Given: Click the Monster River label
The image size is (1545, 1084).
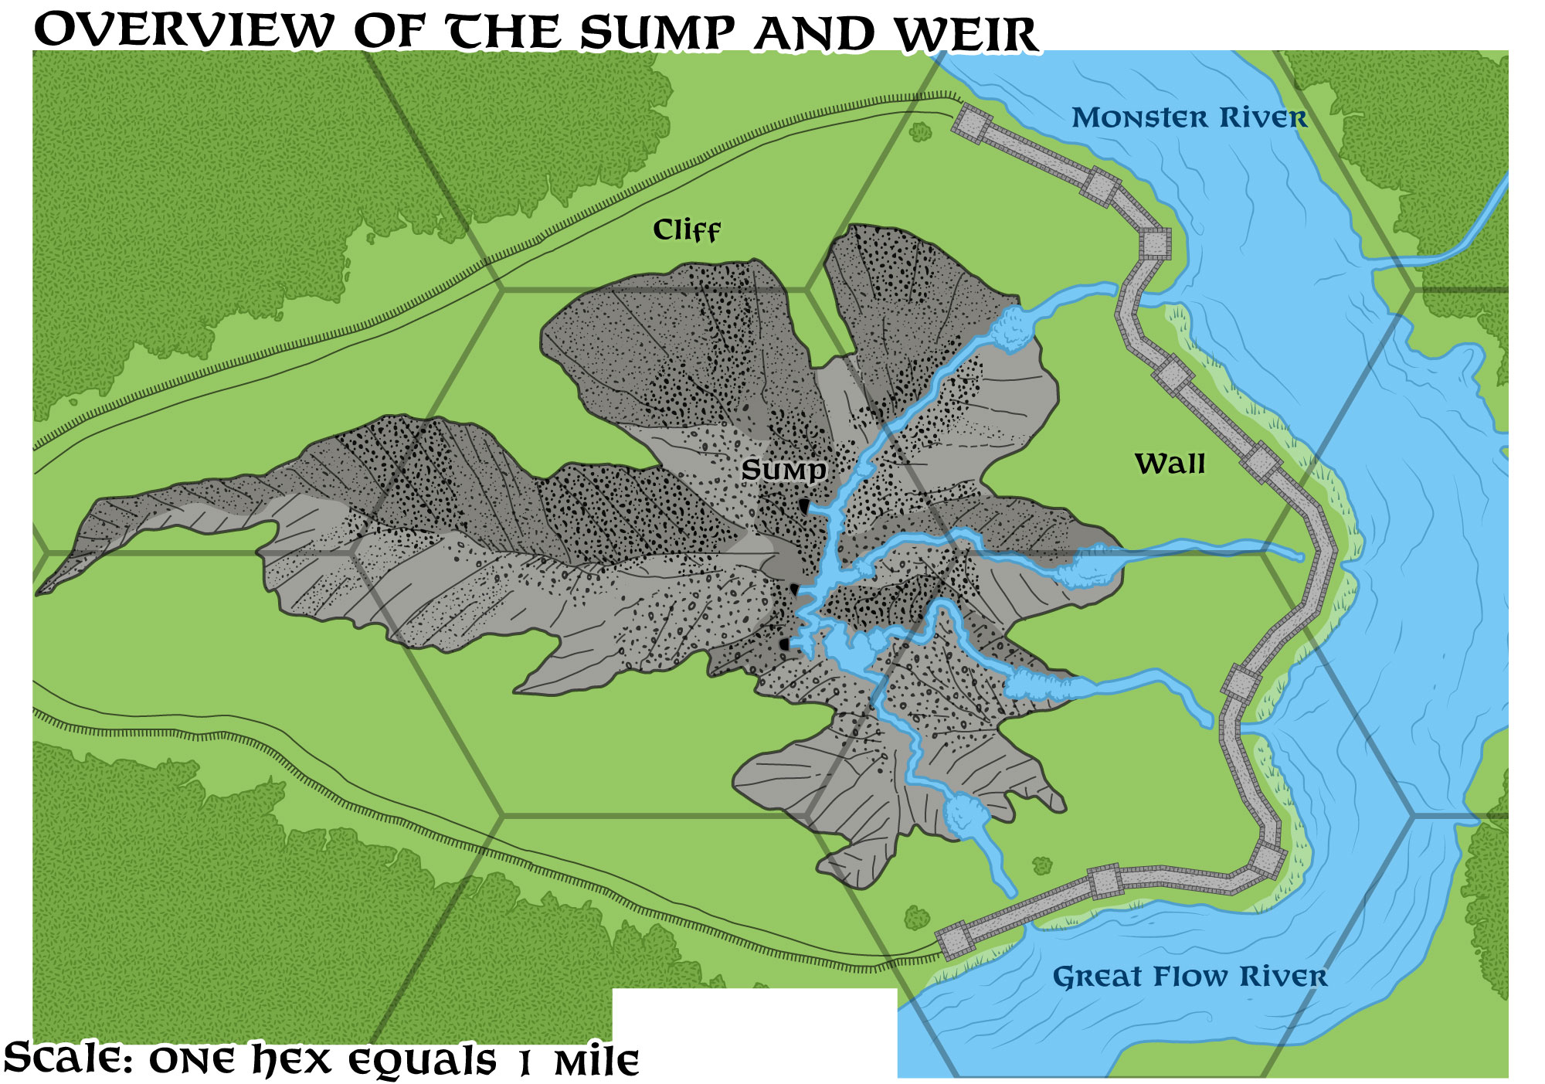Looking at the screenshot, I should (1189, 117).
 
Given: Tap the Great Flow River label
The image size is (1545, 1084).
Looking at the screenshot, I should (1190, 976).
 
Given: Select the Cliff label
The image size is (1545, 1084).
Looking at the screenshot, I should (686, 230).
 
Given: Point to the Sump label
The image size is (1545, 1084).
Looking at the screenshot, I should (783, 470).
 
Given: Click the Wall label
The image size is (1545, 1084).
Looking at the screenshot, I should (1170, 464).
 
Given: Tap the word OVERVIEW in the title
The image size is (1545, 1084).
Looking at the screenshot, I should (184, 31).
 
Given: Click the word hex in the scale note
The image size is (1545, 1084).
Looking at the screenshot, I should (293, 1059).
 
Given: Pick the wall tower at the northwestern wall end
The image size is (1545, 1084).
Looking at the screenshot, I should (971, 123).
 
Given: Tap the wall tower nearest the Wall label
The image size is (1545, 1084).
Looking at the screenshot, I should (1261, 462).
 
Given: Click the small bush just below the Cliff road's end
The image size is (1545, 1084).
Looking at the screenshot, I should (920, 132).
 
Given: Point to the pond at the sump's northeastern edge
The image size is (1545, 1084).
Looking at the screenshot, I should (1012, 328).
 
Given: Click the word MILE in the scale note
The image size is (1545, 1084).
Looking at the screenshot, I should (596, 1063).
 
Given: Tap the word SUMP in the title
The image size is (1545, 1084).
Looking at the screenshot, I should (657, 34).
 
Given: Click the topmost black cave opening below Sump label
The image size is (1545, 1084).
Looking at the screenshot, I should (804, 507).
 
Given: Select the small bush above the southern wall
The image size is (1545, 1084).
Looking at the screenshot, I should (1042, 865).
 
